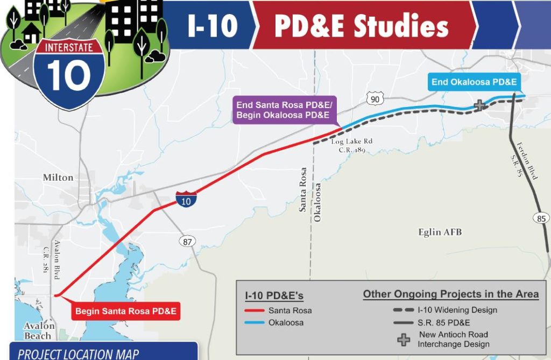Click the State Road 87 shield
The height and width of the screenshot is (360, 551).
pos(187,242)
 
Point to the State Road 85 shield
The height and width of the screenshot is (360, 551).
pos(542,218)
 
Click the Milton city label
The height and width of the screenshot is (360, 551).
pos(58,178)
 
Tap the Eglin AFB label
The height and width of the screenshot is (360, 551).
pos(440,232)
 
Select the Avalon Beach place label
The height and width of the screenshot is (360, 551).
pos(39,331)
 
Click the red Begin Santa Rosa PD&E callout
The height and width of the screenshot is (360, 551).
pos(126,311)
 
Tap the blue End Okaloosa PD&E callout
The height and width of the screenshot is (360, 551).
pos(474,82)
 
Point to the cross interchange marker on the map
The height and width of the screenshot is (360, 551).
pos(479,106)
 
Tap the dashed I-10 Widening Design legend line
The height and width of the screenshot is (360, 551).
pos(403,310)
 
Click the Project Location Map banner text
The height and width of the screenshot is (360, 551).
pos(78,354)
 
